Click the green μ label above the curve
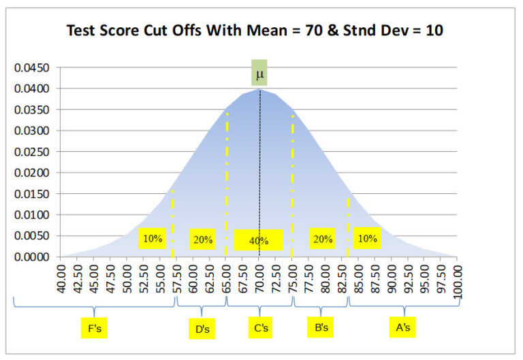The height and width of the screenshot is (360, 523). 259,73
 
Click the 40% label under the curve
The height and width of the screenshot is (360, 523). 258,240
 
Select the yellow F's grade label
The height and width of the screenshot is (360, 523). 95,329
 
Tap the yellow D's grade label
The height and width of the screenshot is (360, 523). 202,329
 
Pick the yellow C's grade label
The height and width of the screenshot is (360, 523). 261,329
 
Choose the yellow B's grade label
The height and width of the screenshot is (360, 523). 322,328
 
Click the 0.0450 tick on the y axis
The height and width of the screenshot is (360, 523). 33,68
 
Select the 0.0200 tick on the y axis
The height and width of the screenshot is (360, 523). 33,173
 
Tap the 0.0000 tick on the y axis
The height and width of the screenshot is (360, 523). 33,257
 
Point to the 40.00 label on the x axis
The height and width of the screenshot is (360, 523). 61,280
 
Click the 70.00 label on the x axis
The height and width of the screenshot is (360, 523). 259,280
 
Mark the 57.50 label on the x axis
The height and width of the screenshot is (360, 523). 176,280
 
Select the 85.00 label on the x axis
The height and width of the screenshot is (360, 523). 358,280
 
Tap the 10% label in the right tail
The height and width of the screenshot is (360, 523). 367,238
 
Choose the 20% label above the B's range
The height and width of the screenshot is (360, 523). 321,238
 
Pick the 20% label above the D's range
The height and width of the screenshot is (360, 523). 202,239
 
